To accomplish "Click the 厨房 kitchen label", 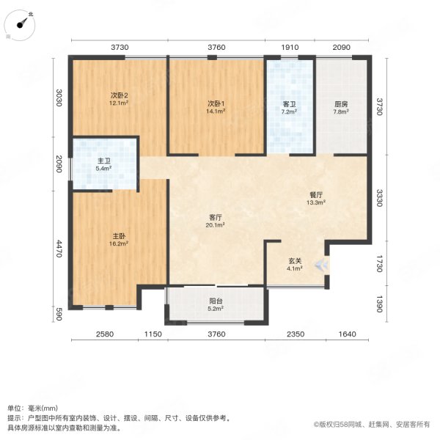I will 341,104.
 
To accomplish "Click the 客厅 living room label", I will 216,218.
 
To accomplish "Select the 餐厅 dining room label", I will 317,194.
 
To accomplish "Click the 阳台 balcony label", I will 216,301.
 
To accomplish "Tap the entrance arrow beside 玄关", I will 320,265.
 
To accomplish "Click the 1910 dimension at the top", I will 290,48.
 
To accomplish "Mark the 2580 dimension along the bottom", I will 104,334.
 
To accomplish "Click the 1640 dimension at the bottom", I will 347,334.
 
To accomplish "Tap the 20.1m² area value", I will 216,226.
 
